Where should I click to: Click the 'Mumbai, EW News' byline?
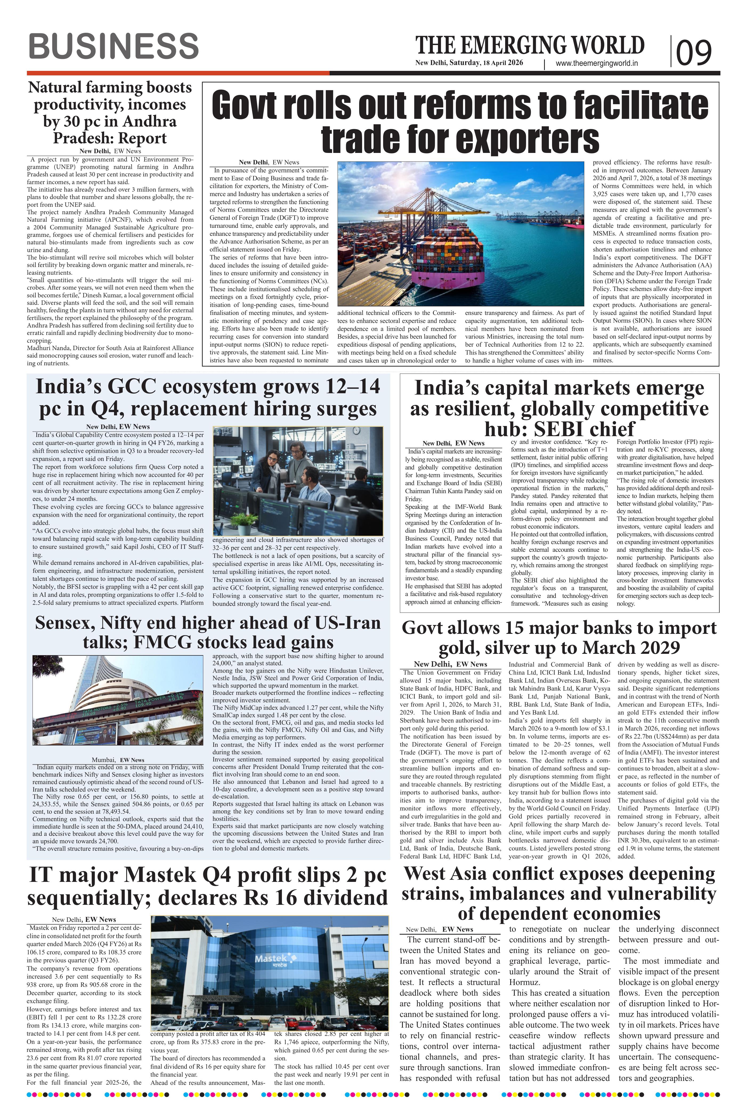click(118, 760)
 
